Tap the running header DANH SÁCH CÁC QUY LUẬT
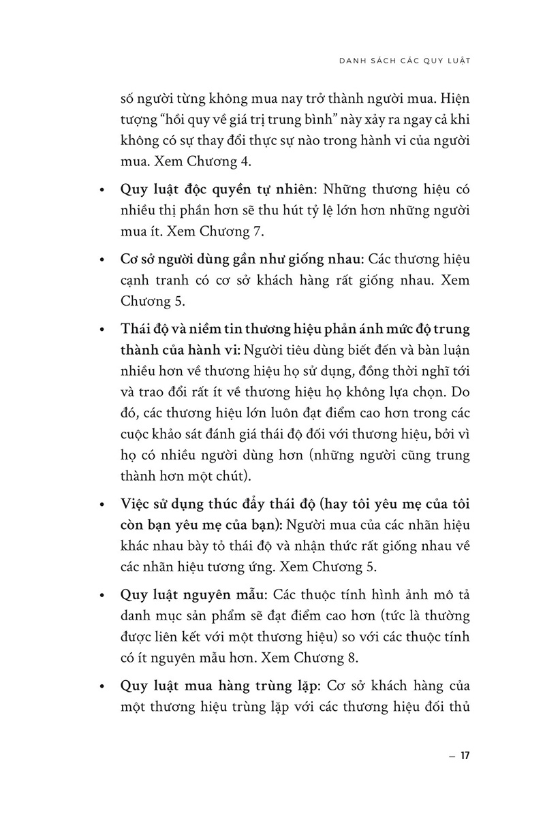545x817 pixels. point(405,60)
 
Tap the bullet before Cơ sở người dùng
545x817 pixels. point(102,260)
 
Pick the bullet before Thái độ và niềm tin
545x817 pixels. point(102,330)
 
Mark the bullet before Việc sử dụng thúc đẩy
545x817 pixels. point(102,504)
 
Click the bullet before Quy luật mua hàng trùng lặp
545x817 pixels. point(102,685)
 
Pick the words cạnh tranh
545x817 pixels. point(150,281)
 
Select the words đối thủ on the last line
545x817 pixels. point(450,705)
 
